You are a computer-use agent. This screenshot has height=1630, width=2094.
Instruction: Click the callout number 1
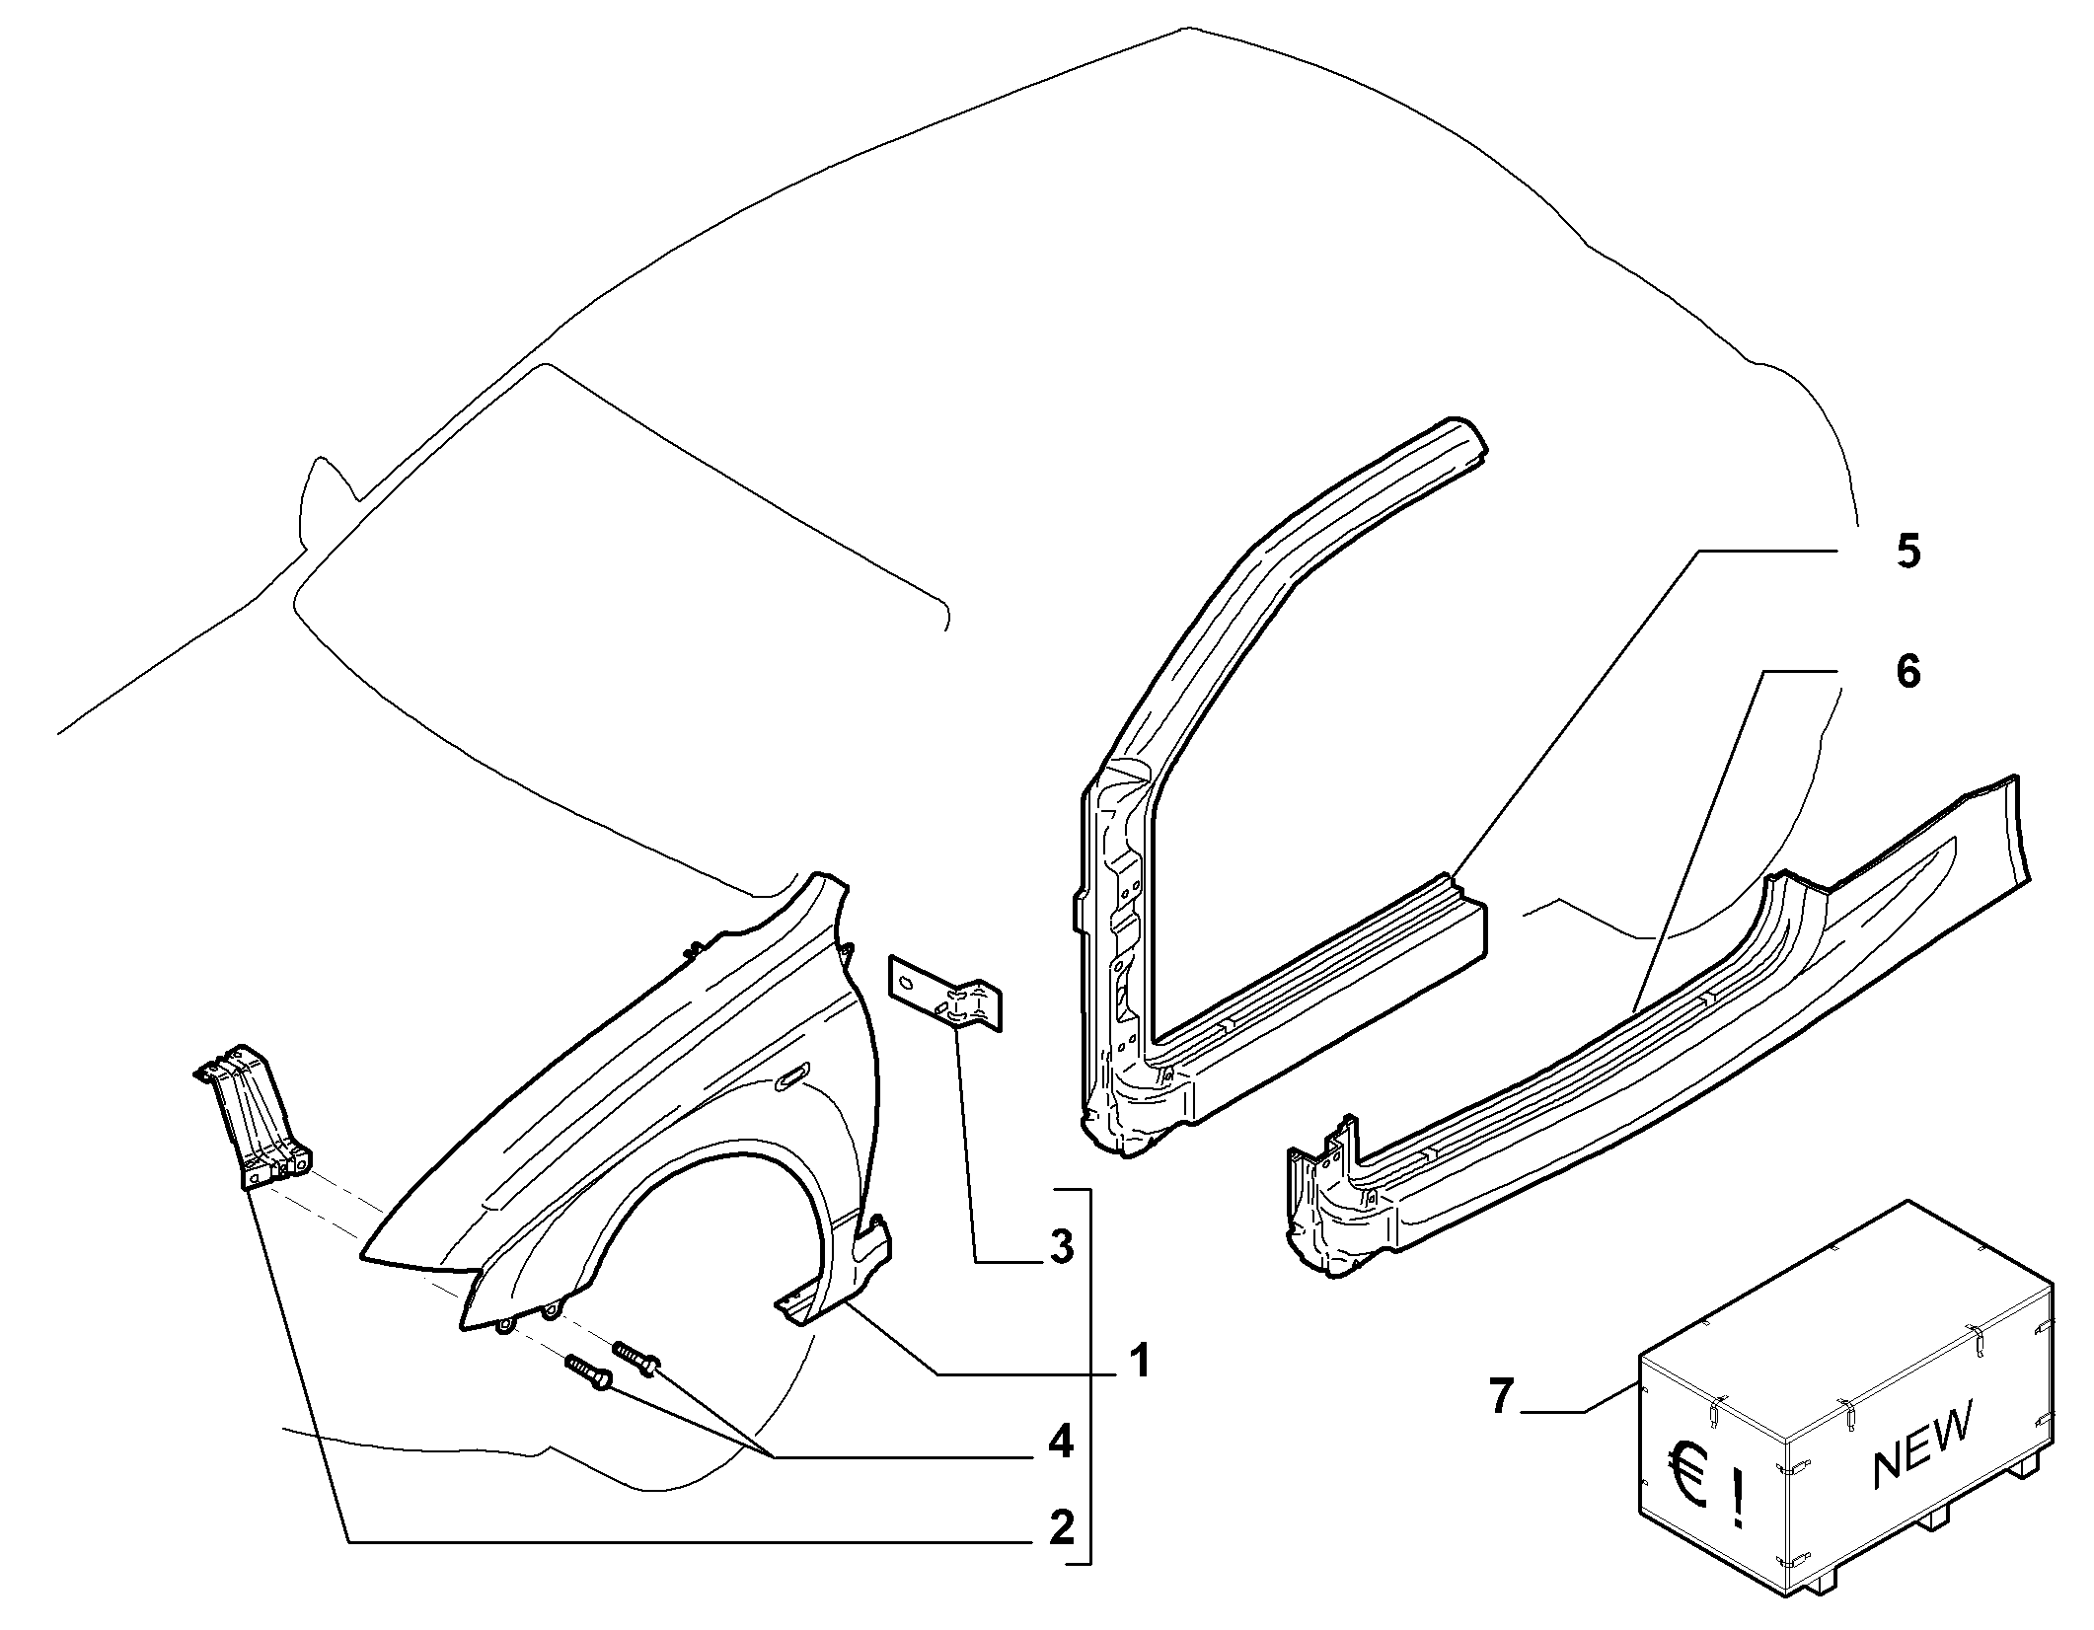point(1140,1363)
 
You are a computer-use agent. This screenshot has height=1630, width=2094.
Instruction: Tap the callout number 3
point(1061,1247)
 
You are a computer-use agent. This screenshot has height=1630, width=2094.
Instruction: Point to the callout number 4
point(1061,1444)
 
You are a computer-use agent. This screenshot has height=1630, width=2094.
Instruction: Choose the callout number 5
point(1907,551)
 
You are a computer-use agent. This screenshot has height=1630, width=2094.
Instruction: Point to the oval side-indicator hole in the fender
point(791,1078)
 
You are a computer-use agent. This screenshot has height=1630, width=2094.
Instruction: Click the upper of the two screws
point(636,1358)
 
